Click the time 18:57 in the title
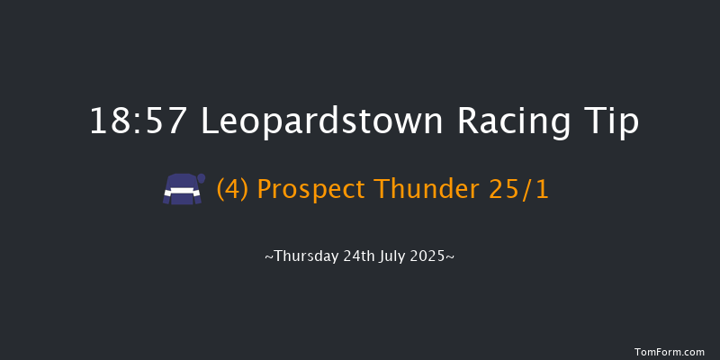[x=139, y=121]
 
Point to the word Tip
[x=611, y=121]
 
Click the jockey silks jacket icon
[x=180, y=190]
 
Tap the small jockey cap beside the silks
[x=202, y=178]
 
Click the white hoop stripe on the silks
[x=180, y=192]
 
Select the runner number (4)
[x=232, y=190]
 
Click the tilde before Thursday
[x=269, y=256]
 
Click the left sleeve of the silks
[x=167, y=194]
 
